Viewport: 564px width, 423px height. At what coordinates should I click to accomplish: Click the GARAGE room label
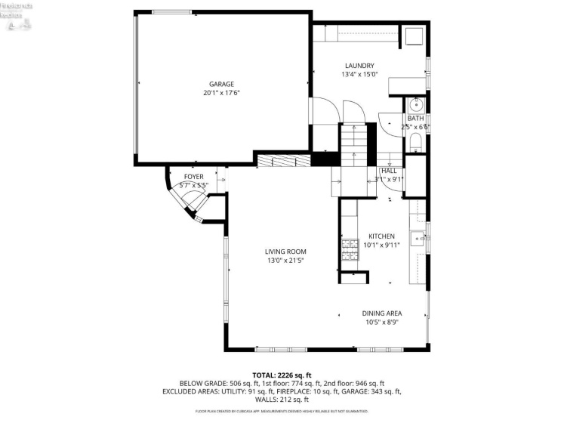pyautogui.click(x=221, y=84)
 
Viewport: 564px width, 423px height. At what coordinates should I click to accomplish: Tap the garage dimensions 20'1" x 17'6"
pyautogui.click(x=221, y=93)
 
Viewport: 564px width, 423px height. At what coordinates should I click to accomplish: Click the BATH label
pyautogui.click(x=416, y=119)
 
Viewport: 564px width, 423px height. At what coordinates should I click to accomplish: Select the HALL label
pyautogui.click(x=389, y=171)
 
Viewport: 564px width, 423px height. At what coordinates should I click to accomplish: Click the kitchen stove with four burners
pyautogui.click(x=350, y=249)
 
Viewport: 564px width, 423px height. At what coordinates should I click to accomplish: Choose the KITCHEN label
pyautogui.click(x=381, y=236)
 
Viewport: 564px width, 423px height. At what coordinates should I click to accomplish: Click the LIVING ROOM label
pyautogui.click(x=285, y=252)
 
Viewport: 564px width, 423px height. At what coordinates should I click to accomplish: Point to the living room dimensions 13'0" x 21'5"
pyautogui.click(x=285, y=261)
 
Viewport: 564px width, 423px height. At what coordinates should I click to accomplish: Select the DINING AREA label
pyautogui.click(x=381, y=313)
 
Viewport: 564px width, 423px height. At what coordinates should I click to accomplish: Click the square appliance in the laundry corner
pyautogui.click(x=414, y=36)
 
